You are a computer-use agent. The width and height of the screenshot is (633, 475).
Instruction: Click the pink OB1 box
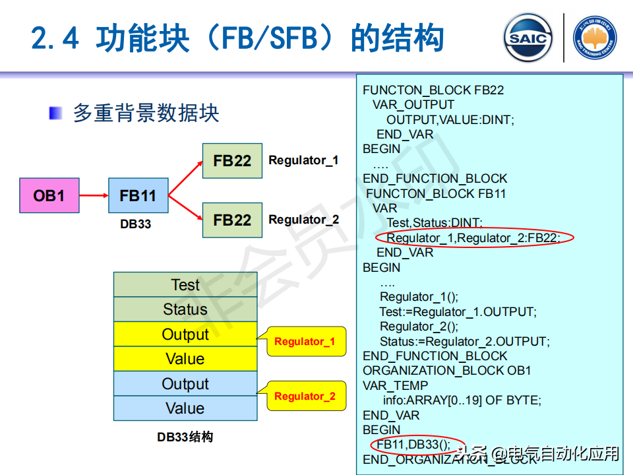49,195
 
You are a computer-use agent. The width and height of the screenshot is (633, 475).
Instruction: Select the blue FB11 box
138,195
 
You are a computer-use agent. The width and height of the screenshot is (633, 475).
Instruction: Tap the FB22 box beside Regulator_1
232,161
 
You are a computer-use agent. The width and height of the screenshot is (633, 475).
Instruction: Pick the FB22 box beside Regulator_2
232,220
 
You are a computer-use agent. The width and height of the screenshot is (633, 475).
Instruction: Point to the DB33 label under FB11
136,224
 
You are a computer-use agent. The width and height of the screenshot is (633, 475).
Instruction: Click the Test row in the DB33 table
185,285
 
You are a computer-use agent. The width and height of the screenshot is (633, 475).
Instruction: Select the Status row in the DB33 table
185,309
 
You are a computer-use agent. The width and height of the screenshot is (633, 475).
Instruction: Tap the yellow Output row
185,334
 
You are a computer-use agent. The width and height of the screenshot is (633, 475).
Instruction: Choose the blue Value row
185,408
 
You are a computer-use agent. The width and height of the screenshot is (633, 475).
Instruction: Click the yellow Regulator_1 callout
305,342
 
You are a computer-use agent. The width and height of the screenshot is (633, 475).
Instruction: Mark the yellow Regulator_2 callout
305,396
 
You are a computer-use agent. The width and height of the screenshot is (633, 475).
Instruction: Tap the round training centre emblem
595,38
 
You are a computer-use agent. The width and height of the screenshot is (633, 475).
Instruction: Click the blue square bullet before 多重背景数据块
56,113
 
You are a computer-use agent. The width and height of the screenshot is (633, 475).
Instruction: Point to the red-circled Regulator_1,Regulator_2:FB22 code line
473,237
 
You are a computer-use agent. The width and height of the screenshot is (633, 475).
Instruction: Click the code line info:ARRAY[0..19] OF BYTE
461,400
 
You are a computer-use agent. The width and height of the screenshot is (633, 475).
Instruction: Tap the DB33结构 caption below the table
185,437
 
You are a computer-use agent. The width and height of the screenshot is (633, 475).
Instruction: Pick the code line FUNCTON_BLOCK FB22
433,90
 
